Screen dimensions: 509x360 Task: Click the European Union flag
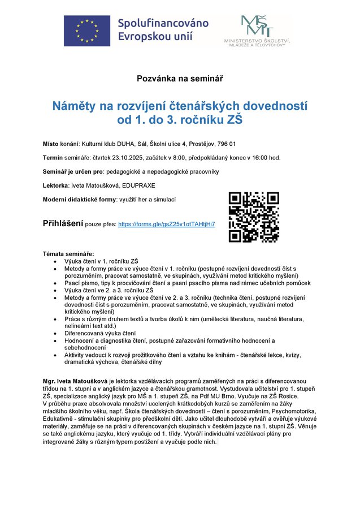click(86, 30)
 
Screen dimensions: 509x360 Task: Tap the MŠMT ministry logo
click(257, 31)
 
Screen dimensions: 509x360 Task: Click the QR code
click(254, 217)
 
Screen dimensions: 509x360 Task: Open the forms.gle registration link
click(166, 225)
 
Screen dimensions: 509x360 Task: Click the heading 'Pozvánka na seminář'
click(180, 78)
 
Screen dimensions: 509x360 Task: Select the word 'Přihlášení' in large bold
click(63, 223)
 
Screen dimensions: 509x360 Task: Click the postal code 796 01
click(225, 144)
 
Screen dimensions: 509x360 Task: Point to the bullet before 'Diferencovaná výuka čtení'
click(54, 333)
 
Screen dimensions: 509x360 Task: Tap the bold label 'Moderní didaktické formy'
click(79, 199)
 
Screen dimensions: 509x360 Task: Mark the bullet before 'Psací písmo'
click(54, 283)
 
